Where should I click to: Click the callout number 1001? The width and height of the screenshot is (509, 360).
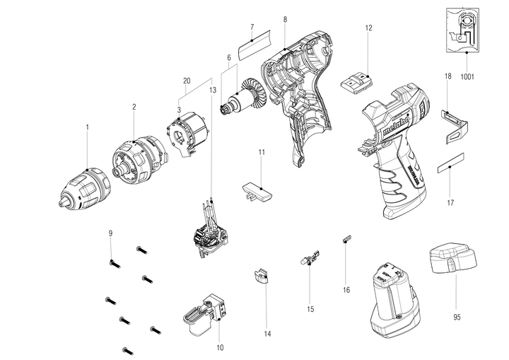tap(467, 75)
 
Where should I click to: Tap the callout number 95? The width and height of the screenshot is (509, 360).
tap(457, 318)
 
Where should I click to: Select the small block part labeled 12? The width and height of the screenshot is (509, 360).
tap(357, 82)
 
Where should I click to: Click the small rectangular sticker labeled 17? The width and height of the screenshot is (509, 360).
tap(450, 167)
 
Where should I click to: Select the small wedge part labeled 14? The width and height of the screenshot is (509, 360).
tap(262, 275)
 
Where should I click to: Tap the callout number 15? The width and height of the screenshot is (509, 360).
tap(310, 309)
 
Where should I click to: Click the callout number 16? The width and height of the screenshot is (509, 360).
tap(346, 289)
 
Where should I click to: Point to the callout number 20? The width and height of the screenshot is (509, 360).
tap(187, 79)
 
